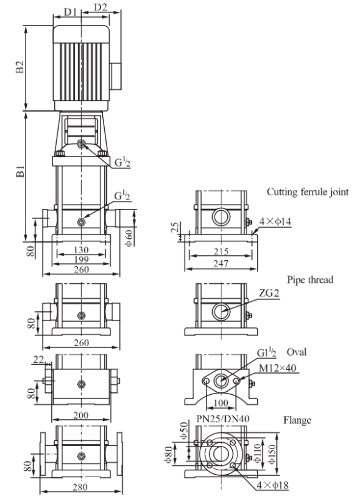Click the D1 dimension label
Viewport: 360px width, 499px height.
[x=71, y=12]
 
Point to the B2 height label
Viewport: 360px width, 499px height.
[x=20, y=67]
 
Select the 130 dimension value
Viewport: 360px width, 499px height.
[x=81, y=250]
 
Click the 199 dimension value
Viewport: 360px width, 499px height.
[x=81, y=259]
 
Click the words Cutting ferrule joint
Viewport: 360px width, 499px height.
[x=308, y=192]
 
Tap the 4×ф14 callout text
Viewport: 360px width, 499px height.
[x=275, y=221]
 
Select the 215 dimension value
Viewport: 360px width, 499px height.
[x=221, y=251]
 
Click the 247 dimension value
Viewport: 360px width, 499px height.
[x=221, y=263]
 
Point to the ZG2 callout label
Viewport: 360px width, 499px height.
[x=269, y=293]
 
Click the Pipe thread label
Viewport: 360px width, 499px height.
[x=310, y=279]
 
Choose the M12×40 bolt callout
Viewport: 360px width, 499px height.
[x=278, y=368]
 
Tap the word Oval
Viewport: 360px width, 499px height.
[x=296, y=352]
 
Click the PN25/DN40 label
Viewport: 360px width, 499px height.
[x=223, y=419]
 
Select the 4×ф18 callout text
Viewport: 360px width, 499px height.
[x=273, y=485]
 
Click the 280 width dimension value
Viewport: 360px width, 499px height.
[x=80, y=487]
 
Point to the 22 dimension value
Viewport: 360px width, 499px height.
[x=39, y=360]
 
